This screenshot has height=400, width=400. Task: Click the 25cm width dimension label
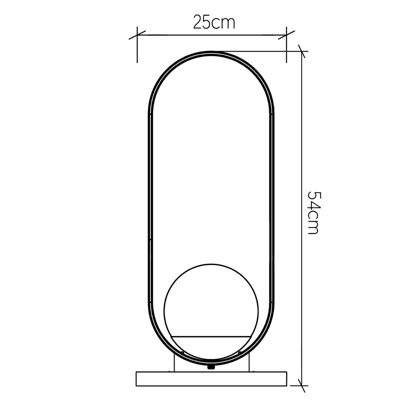tap(214, 22)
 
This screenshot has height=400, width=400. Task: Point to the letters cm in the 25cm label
tap(223, 24)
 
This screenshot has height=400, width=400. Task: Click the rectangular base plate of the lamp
tap(211, 379)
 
